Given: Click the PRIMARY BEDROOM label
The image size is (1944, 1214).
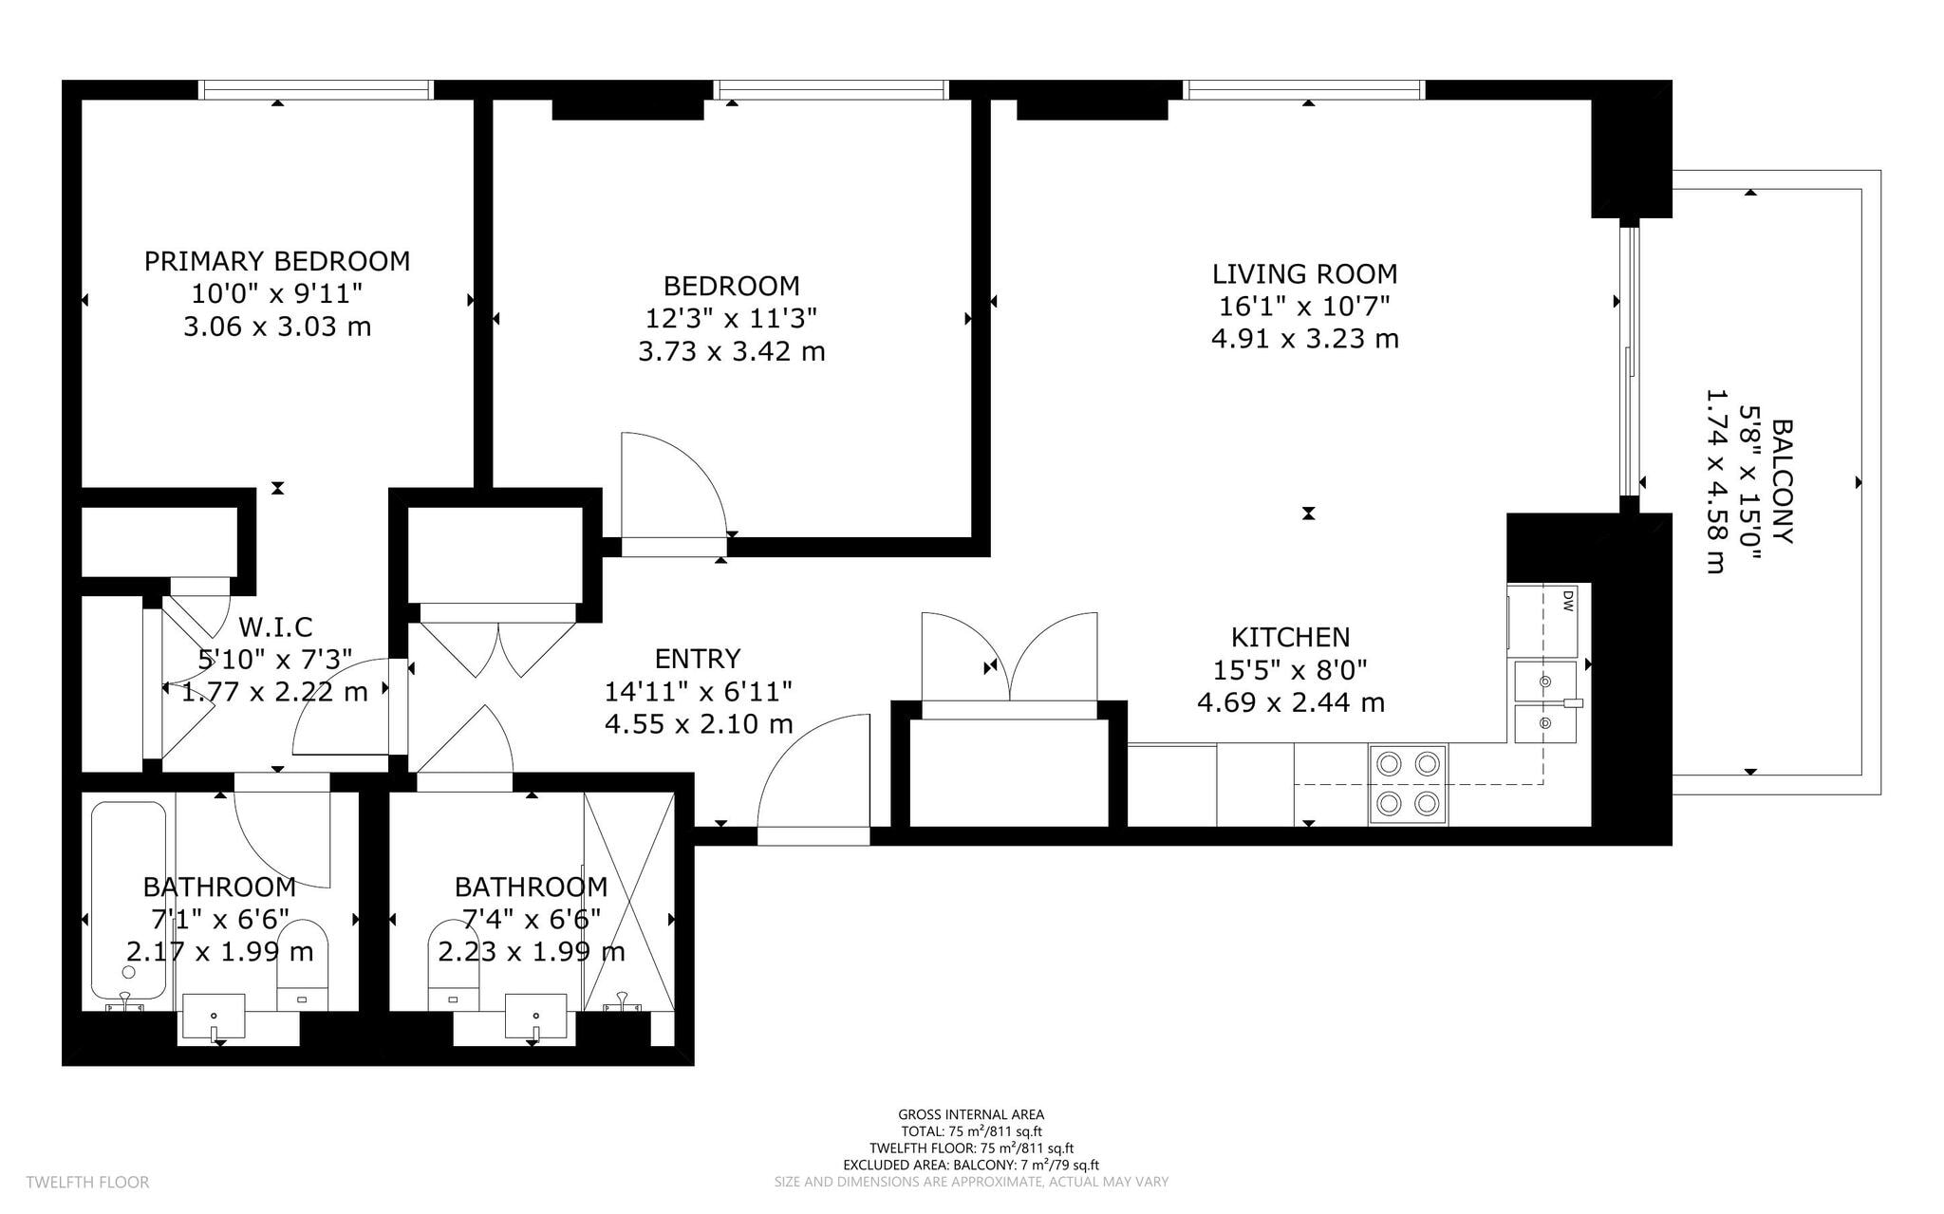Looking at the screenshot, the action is click(277, 261).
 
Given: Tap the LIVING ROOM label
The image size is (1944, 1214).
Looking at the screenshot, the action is click(1305, 274).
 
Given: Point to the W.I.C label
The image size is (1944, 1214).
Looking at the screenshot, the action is click(275, 626).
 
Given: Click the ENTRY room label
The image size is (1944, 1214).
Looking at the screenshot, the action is click(698, 659).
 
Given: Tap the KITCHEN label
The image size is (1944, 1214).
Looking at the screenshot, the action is click(1291, 637).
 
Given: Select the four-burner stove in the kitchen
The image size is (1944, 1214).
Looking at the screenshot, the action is click(1408, 784).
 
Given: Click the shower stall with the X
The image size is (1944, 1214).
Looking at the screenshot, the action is click(629, 902).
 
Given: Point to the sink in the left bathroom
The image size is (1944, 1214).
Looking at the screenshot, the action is click(213, 1018).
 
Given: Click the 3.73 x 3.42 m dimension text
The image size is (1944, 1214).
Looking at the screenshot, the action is click(732, 352).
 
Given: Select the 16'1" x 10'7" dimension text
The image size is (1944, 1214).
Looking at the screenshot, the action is click(1305, 307).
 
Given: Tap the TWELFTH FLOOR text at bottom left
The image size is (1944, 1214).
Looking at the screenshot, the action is click(87, 1183).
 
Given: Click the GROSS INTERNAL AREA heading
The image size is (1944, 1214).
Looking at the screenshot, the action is click(971, 1115).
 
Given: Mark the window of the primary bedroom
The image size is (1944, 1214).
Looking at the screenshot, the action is click(316, 90).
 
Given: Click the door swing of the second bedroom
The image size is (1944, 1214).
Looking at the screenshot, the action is click(674, 484).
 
